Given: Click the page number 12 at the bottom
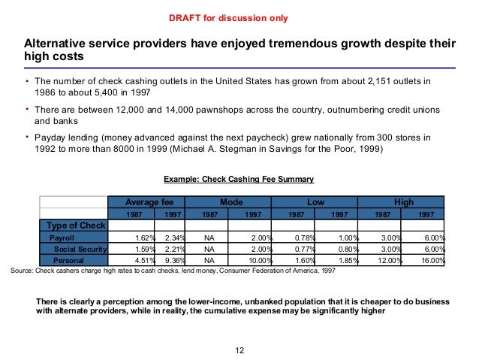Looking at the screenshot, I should [239, 349].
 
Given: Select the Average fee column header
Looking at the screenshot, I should [146, 202].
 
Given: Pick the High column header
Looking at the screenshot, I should [402, 202].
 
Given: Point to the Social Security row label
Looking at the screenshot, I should [81, 249].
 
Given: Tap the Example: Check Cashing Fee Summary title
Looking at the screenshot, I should [238, 178].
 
